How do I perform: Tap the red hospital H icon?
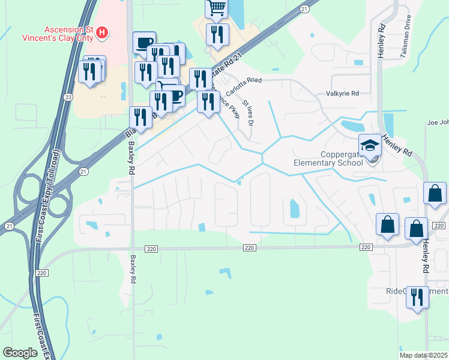point(103,32)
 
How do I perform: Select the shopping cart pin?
point(216,8)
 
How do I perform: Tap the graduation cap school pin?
point(369,145)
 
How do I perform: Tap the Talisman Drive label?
point(404,37)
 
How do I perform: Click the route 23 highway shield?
point(69,97)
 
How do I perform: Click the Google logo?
point(20,353)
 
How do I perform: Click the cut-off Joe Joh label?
point(438,122)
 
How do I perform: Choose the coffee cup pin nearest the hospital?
point(143,43)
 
